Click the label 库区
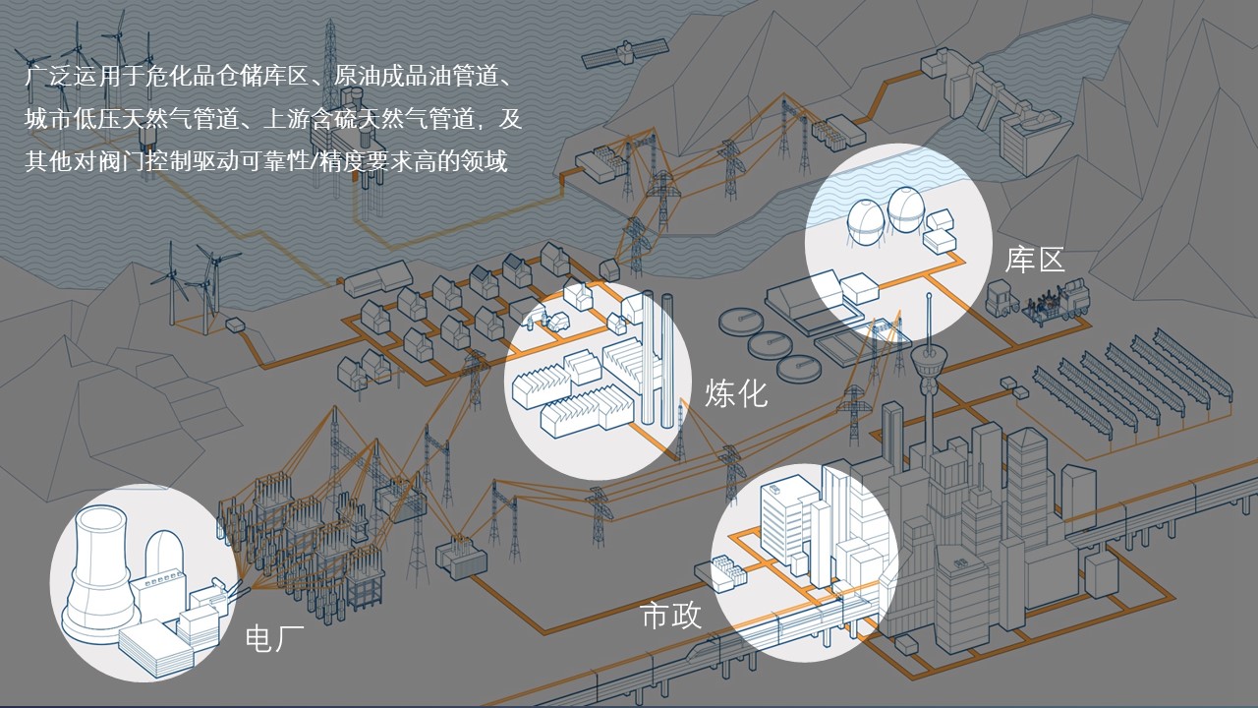pos(1035,261)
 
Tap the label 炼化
pos(735,394)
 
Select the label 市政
pos(671,617)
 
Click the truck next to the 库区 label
pos(1001,298)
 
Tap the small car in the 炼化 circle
pos(557,321)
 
